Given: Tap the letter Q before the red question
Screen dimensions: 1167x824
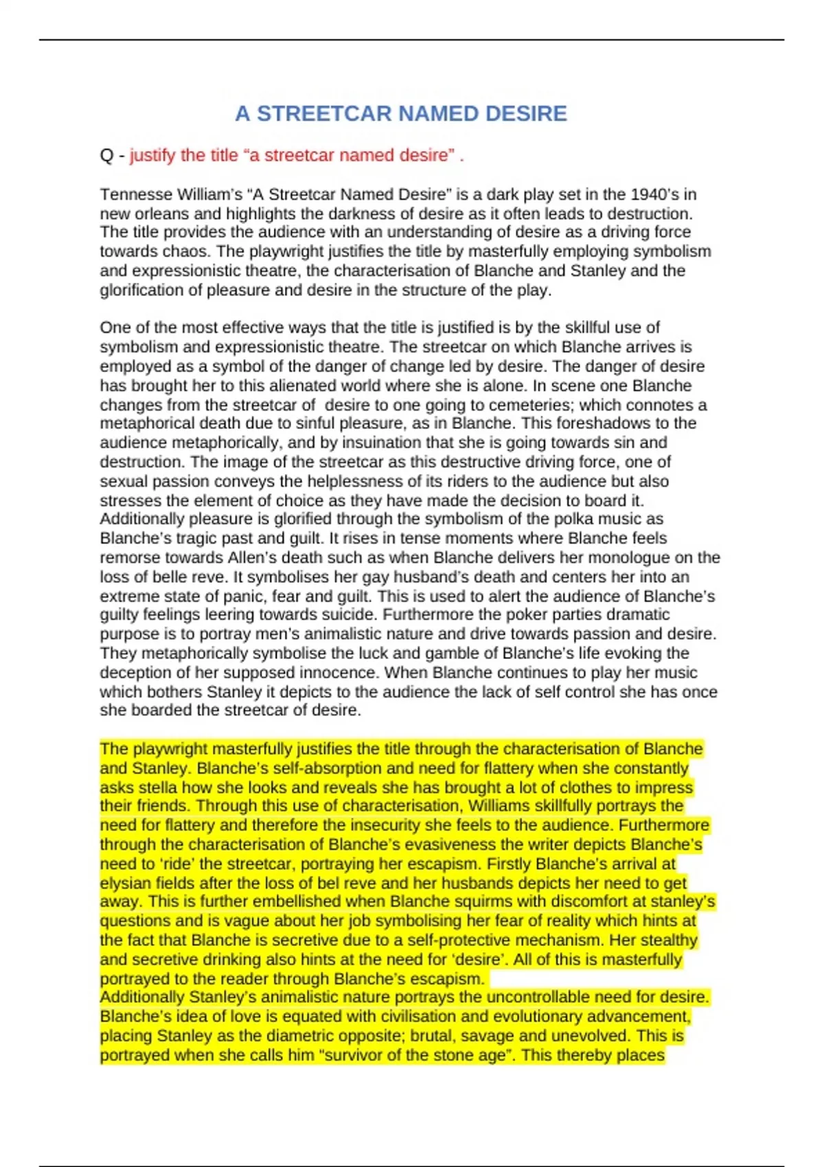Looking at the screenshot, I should point(106,156).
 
